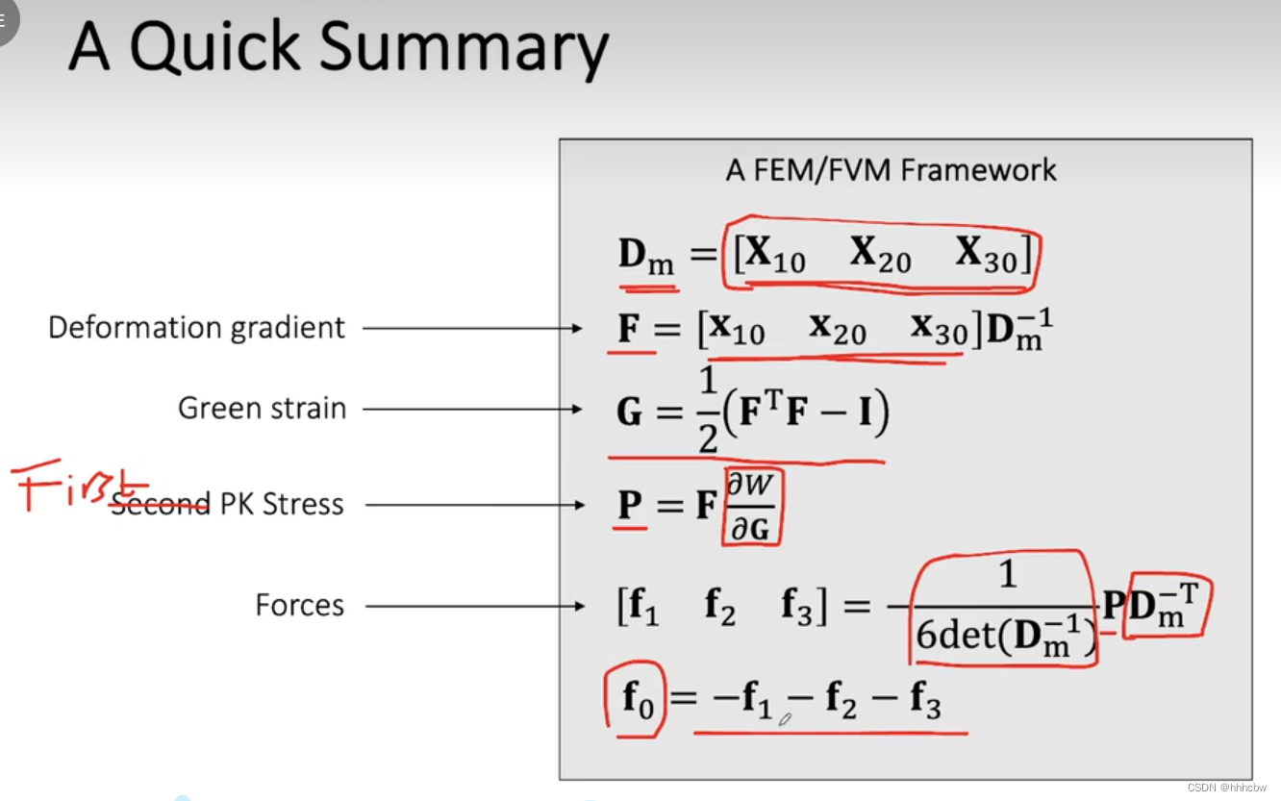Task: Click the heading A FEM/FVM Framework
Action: point(892,170)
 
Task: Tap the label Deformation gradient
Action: point(196,328)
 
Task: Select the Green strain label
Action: point(262,408)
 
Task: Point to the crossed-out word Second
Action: point(160,503)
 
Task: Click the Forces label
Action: point(299,605)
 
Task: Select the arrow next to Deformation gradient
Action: point(473,329)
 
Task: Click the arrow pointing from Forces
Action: point(474,606)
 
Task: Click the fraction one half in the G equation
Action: point(709,411)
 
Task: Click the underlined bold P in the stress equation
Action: point(630,504)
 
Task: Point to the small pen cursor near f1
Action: point(785,717)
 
